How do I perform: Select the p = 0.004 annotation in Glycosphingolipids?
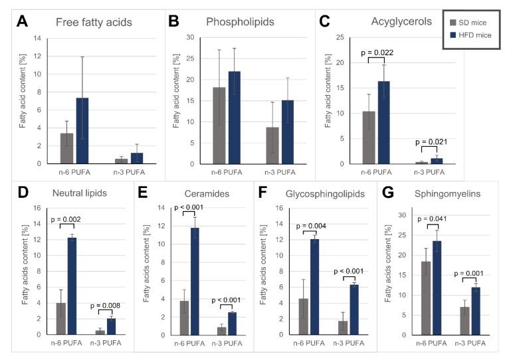313,225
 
